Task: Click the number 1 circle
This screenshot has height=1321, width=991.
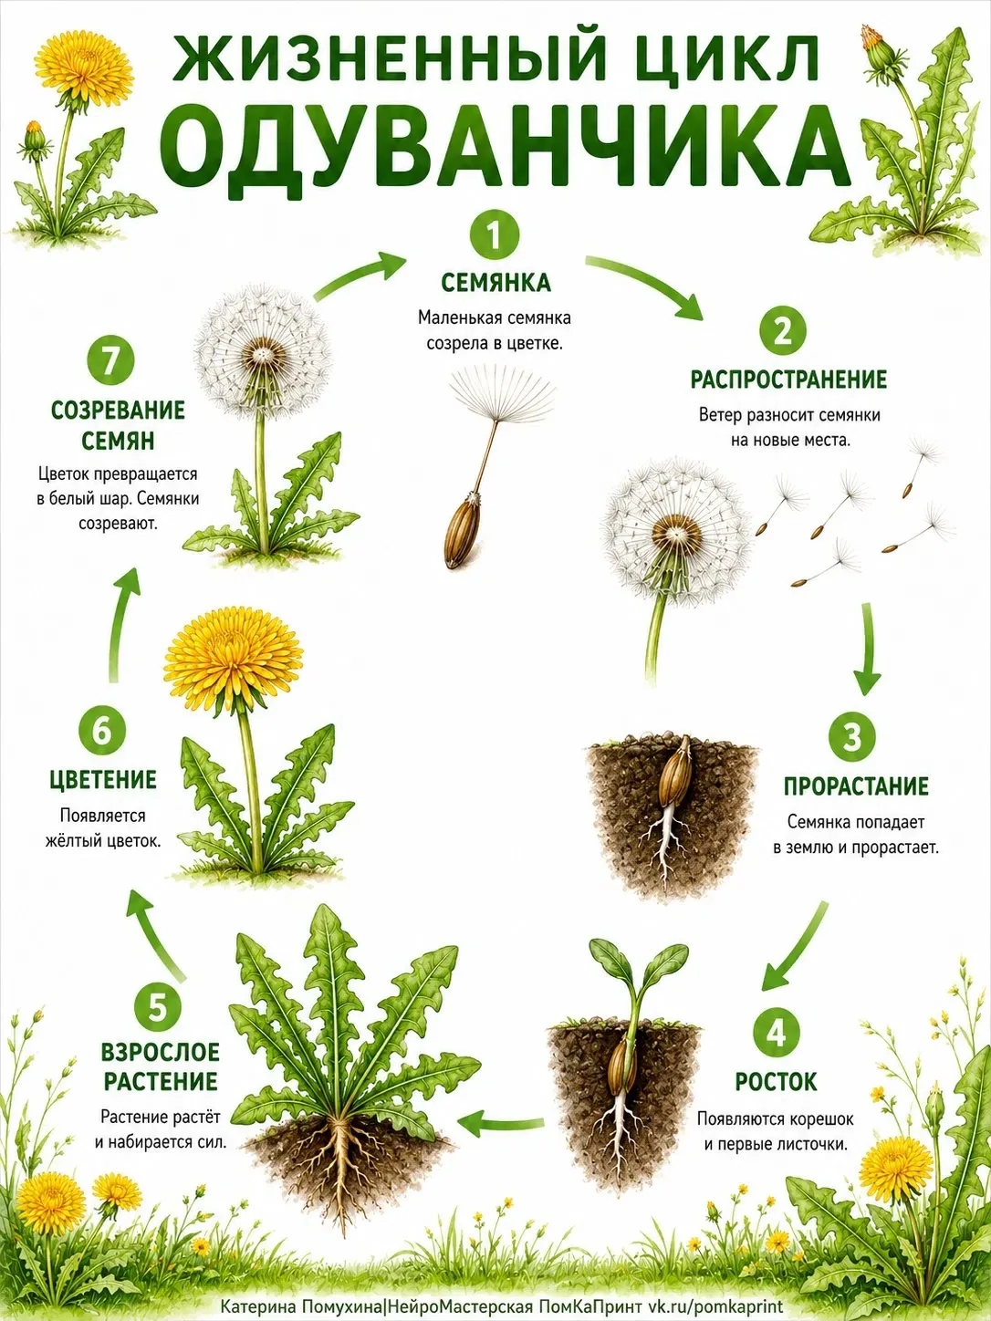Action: pos(494,235)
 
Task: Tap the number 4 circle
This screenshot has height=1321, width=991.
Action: pos(776,1034)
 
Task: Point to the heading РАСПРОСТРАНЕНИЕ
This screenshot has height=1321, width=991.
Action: pos(788,380)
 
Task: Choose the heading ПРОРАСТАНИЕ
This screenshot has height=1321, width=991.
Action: pos(856,786)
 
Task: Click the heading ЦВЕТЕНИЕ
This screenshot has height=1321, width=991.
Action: pos(103,781)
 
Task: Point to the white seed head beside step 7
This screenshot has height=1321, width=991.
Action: pos(263,356)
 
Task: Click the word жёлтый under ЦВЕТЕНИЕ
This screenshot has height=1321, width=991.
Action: pos(70,841)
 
